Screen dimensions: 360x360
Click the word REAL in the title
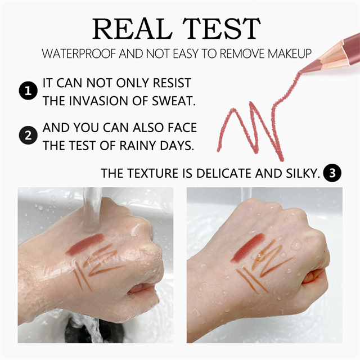[x=132, y=29]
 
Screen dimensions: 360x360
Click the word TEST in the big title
[x=222, y=29]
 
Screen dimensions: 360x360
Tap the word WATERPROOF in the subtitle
[x=79, y=54]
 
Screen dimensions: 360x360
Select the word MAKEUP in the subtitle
[x=290, y=54]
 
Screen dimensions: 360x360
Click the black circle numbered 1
[x=28, y=91]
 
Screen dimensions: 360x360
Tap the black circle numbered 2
[x=28, y=135]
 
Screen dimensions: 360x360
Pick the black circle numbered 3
[x=332, y=173]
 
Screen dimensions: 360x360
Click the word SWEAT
[x=174, y=101]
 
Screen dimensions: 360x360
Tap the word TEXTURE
[x=153, y=173]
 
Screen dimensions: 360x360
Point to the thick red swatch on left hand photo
[x=85, y=244]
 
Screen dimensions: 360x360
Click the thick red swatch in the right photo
[x=249, y=247]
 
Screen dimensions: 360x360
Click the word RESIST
[x=172, y=83]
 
